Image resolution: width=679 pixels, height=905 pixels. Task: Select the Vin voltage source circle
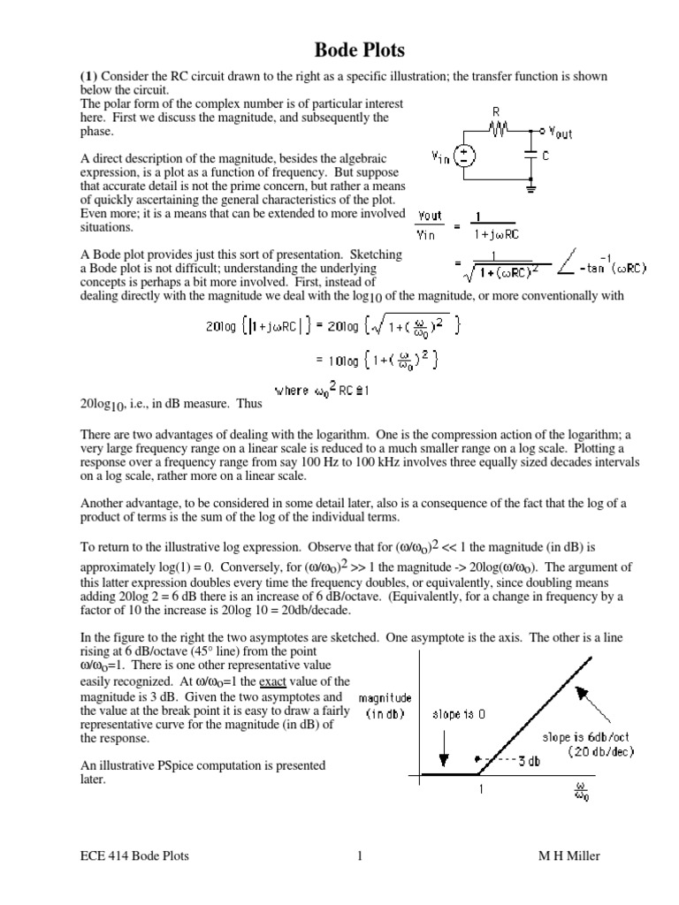pyautogui.click(x=462, y=156)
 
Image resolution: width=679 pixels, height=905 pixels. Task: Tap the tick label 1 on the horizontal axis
pyautogui.click(x=482, y=791)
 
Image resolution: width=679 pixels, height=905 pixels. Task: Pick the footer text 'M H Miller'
pyautogui.click(x=574, y=856)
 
